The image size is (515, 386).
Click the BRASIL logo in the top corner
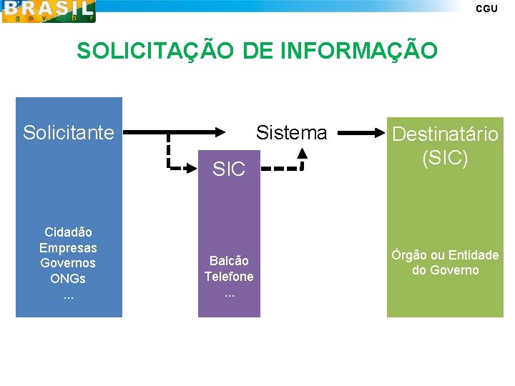point(48,11)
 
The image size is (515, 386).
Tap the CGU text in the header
point(486,9)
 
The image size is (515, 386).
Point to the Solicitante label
point(69,133)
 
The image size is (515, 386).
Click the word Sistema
point(291,133)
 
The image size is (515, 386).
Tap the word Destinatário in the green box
point(445,134)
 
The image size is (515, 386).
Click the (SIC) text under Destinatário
point(445,157)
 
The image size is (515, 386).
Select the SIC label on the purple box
point(229,169)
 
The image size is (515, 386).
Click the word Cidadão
point(68,232)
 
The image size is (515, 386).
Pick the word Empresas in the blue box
point(68,248)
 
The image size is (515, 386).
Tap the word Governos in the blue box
point(68,263)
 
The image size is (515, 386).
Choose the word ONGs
point(68,279)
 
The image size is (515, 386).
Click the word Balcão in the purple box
point(229,260)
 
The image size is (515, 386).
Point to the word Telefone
point(229,276)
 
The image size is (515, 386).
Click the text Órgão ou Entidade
point(445,255)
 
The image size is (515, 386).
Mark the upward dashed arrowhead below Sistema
point(302,152)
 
